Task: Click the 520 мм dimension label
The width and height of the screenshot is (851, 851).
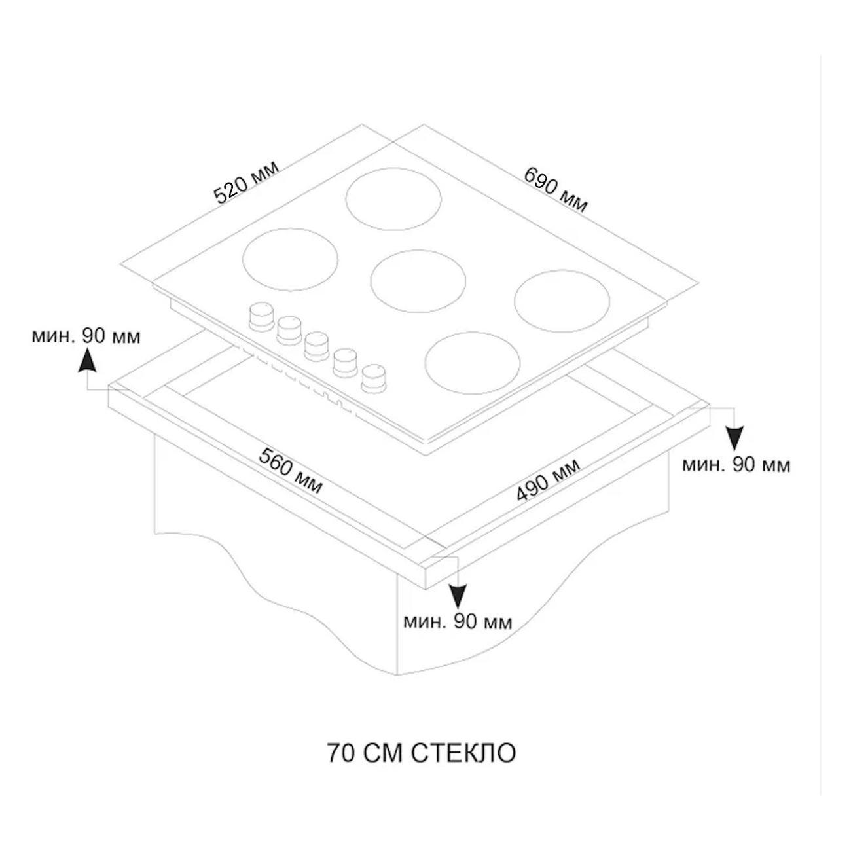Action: point(247,181)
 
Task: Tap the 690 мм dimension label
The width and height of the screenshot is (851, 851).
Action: point(556,190)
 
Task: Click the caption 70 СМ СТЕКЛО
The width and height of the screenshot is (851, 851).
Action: point(421,753)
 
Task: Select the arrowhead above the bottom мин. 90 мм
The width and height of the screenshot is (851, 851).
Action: point(458,596)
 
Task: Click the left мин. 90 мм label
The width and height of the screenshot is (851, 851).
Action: point(86,336)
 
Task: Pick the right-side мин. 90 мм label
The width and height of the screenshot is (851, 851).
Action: point(736,465)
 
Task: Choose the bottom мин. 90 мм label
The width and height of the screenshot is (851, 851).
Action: point(458,622)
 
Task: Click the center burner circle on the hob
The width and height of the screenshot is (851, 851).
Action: point(418,278)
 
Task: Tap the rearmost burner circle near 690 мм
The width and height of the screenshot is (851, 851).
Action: point(393,200)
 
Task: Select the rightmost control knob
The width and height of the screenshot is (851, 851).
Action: point(374,378)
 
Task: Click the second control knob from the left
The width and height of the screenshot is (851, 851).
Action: point(289,329)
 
